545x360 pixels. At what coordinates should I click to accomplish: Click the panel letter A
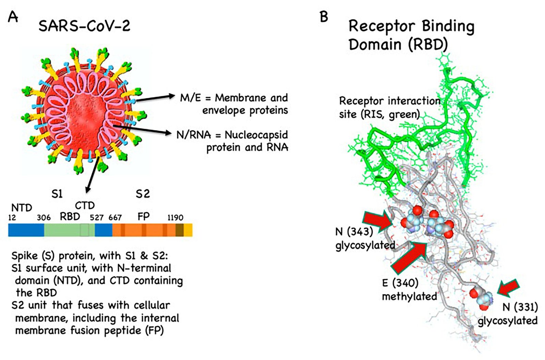click(x=13, y=17)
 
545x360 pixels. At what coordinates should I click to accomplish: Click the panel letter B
click(x=324, y=17)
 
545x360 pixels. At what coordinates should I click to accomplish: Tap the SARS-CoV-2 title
click(x=84, y=26)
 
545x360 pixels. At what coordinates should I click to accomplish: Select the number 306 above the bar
click(x=44, y=217)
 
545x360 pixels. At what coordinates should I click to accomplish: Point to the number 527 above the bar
click(x=97, y=217)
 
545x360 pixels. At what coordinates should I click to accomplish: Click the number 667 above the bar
click(x=115, y=217)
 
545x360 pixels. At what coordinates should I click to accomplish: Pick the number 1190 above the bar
click(x=175, y=217)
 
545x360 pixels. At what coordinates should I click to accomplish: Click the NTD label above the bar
click(x=22, y=208)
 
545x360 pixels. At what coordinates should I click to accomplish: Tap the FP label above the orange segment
click(x=143, y=216)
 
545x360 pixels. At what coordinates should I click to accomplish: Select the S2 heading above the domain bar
click(x=143, y=194)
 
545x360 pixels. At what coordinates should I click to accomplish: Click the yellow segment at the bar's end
click(x=188, y=230)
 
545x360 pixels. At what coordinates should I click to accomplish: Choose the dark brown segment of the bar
click(x=180, y=230)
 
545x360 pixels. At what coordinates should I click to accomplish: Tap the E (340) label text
click(x=401, y=283)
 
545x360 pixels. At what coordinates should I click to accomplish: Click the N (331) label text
click(x=520, y=307)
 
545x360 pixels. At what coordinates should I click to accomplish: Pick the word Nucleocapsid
click(x=256, y=135)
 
